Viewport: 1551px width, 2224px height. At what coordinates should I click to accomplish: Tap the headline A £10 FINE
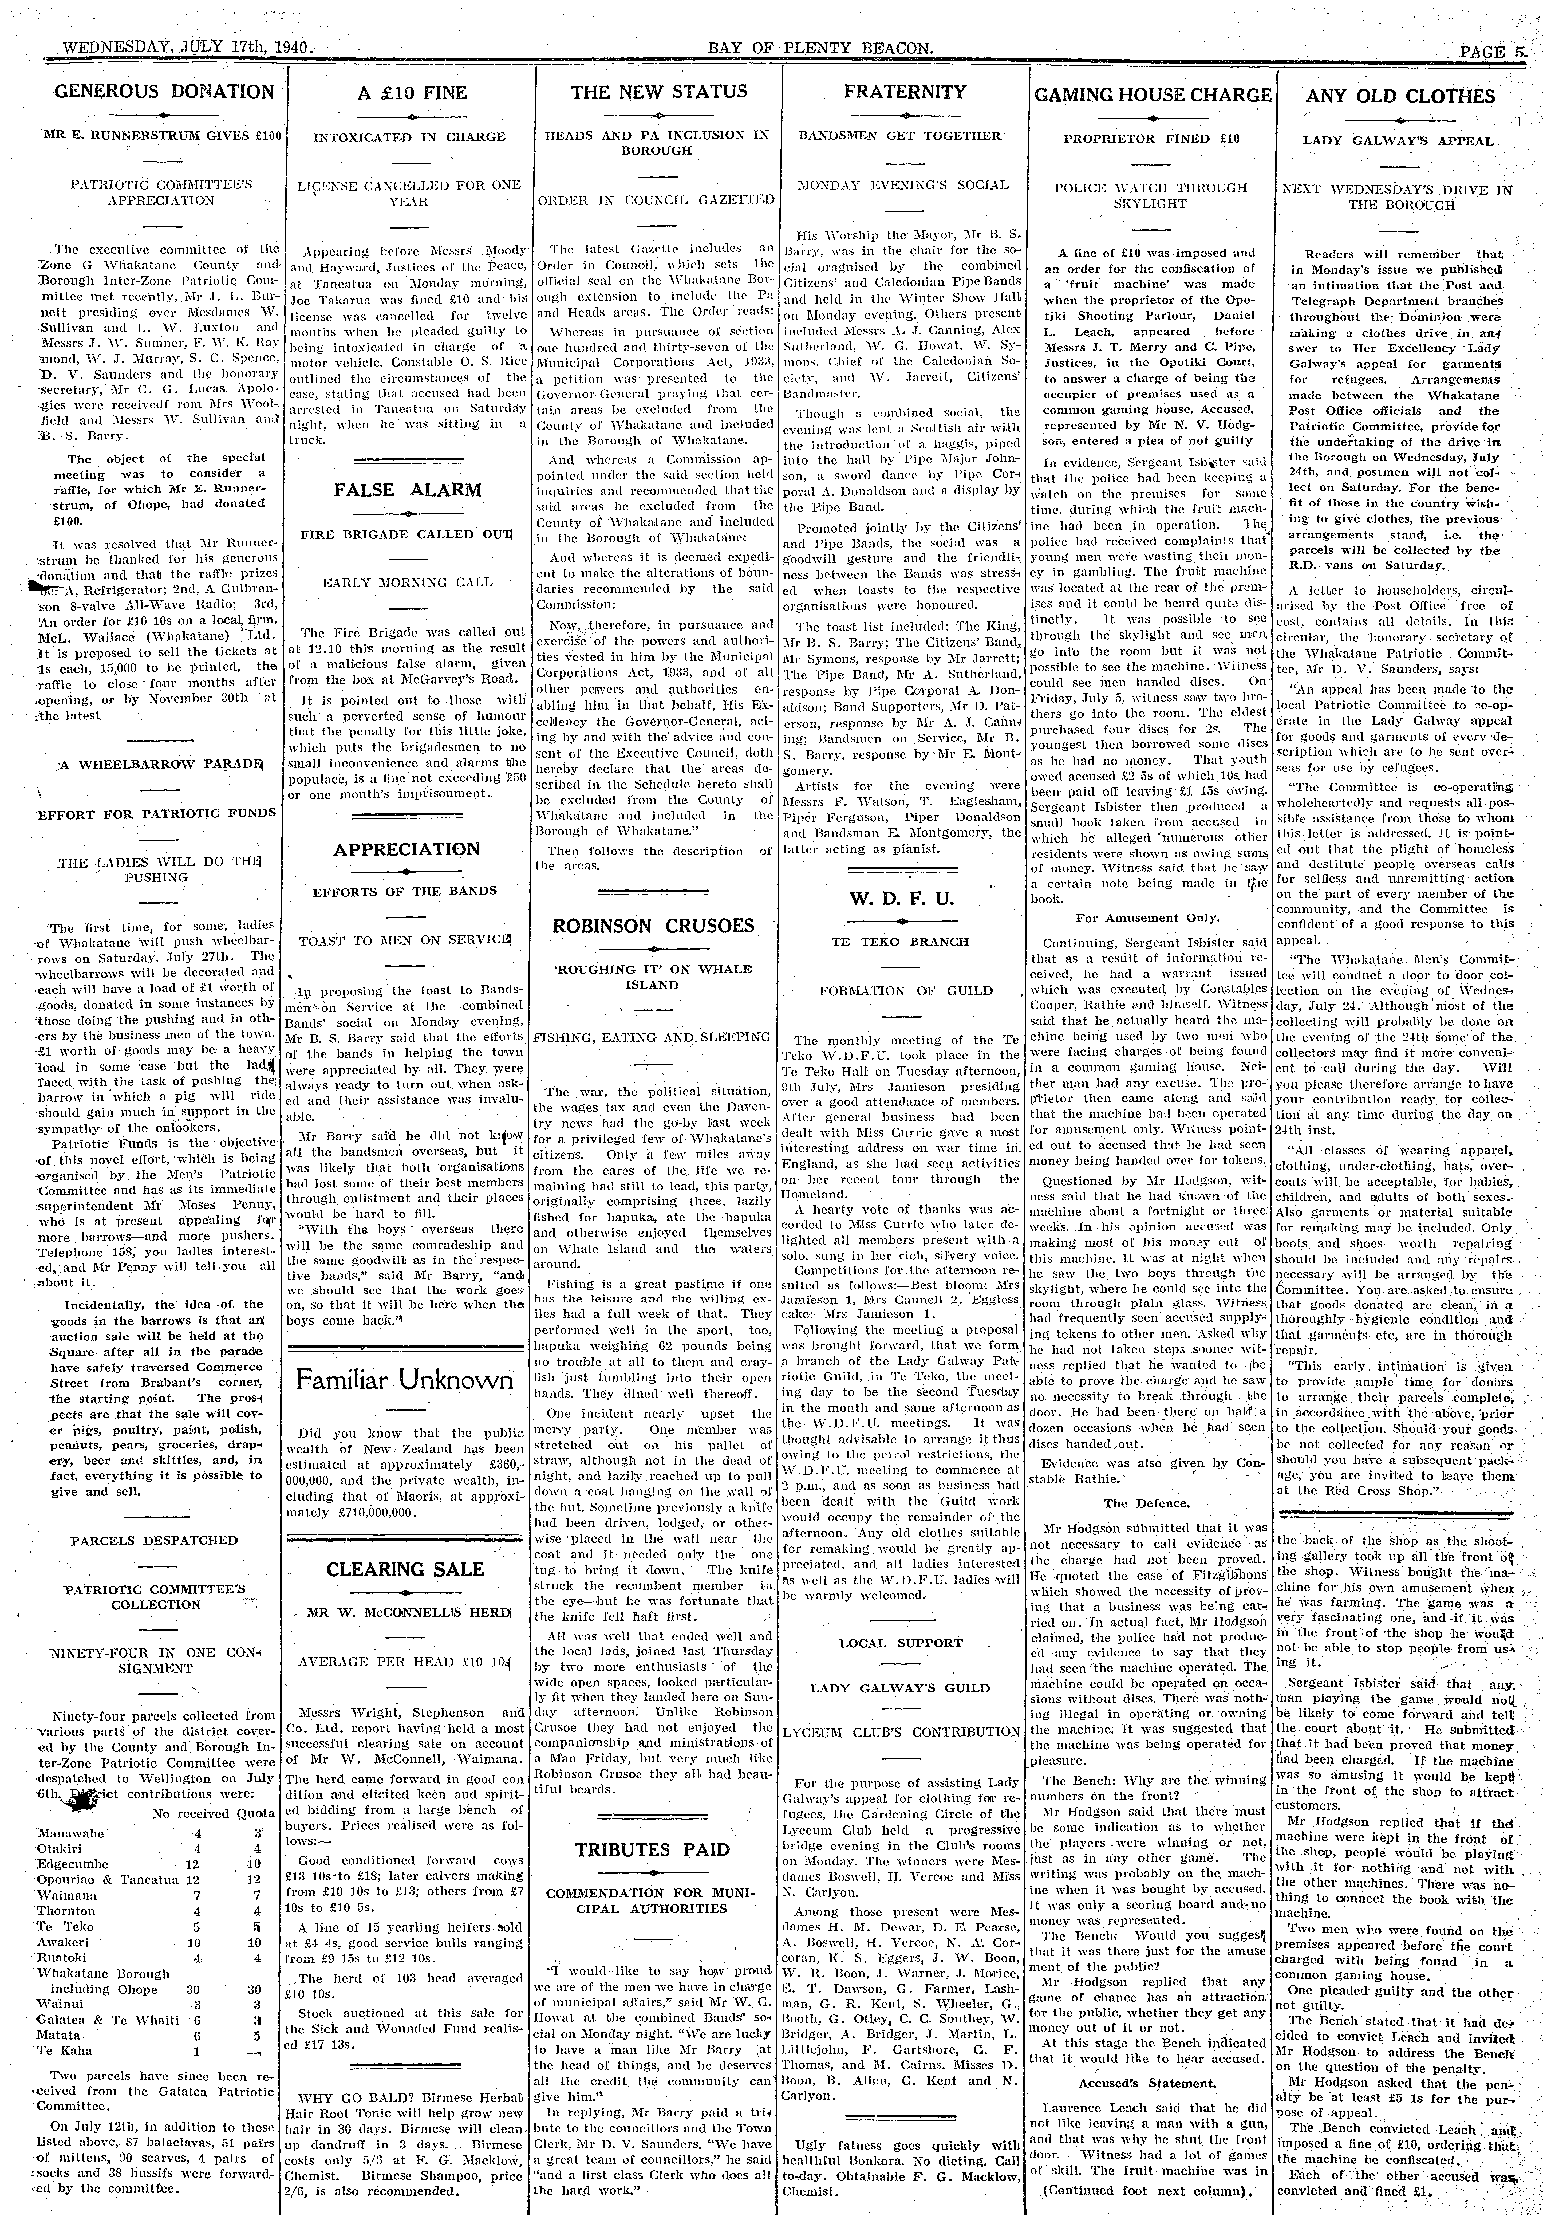pos(412,93)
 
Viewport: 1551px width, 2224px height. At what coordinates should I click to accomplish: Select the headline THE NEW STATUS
pos(659,92)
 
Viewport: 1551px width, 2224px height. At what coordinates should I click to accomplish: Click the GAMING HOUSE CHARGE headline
pos(1152,95)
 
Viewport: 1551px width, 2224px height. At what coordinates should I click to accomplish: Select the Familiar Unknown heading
pos(405,1379)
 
